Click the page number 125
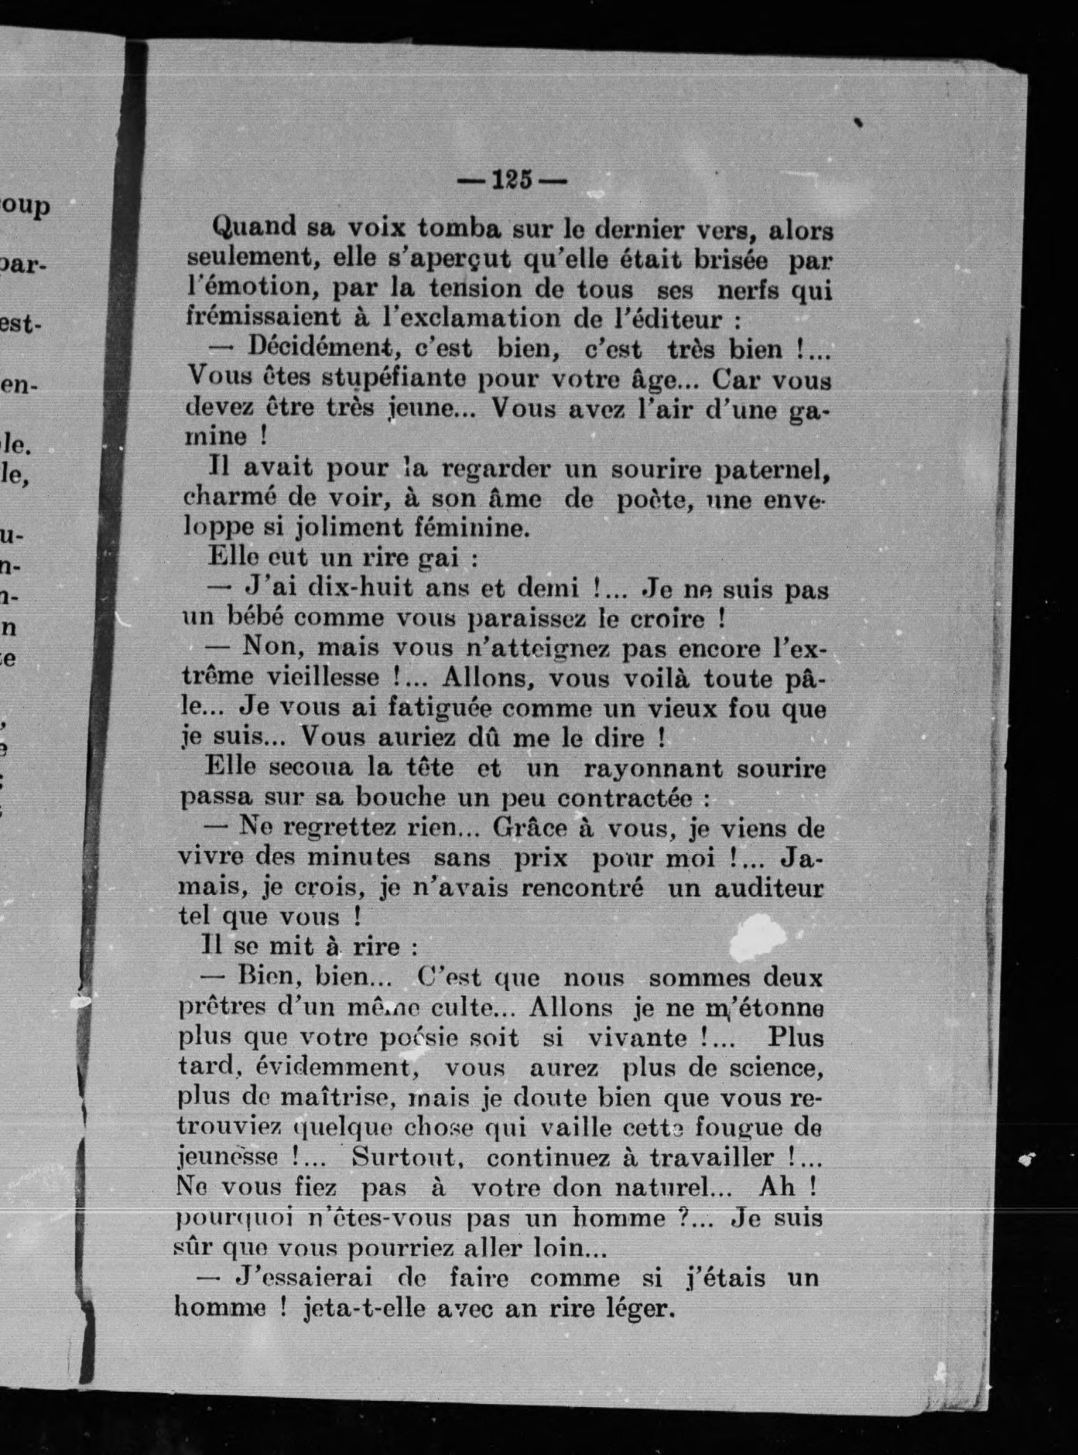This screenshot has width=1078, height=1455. point(512,181)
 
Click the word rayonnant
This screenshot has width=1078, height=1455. point(652,769)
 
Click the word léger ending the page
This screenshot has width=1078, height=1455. point(638,1308)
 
